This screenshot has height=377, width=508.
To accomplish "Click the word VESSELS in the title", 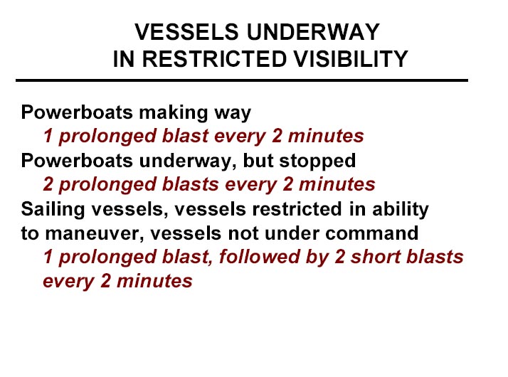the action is pyautogui.click(x=186, y=32).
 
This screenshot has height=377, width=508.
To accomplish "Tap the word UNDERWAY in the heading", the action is pyautogui.click(x=313, y=32).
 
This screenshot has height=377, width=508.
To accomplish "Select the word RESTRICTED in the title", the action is pyautogui.click(x=214, y=59).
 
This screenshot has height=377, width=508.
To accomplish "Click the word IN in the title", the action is pyautogui.click(x=124, y=59).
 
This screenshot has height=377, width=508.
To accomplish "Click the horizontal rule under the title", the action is pyautogui.click(x=242, y=80).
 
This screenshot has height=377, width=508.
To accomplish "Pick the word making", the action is pyautogui.click(x=174, y=113).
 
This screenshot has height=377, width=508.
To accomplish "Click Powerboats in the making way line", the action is pyautogui.click(x=77, y=112).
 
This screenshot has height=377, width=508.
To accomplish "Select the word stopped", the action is pyautogui.click(x=317, y=161).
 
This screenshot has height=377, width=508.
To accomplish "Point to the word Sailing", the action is pyautogui.click(x=53, y=209).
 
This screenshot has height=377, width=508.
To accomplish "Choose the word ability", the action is pyautogui.click(x=401, y=209).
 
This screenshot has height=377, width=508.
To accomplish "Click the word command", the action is pyautogui.click(x=371, y=233).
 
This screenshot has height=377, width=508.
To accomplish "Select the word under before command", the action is pyautogui.click(x=292, y=233).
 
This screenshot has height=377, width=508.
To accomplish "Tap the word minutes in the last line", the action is pyautogui.click(x=154, y=280).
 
